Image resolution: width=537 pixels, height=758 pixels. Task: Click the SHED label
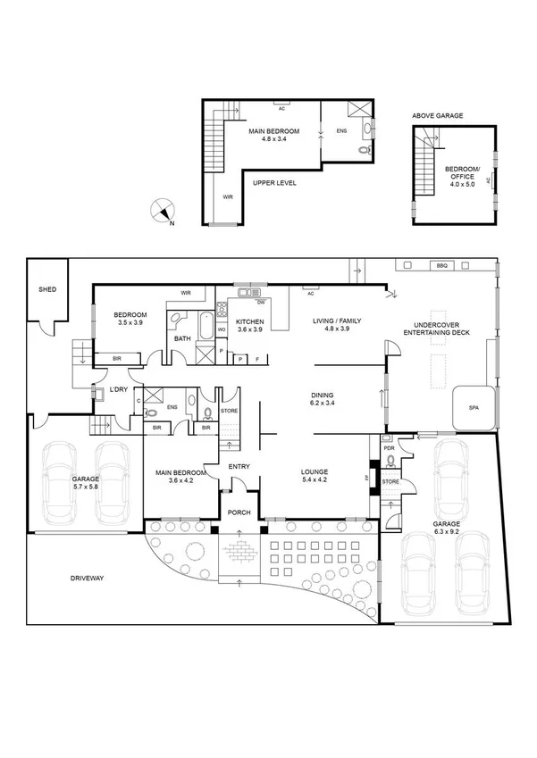[x=47, y=290]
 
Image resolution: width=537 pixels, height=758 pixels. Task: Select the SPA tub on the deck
[x=473, y=408]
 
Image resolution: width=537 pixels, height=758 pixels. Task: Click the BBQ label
[x=441, y=266]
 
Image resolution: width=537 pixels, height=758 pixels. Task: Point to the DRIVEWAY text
[x=88, y=579]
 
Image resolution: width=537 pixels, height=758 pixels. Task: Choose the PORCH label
[x=239, y=512]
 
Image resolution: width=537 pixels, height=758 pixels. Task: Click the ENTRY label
[x=239, y=466]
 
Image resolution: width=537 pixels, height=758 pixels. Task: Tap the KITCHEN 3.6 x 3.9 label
[x=250, y=325]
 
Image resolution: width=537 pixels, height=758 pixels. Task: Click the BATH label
[x=182, y=338]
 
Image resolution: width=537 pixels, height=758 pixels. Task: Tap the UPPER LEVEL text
[x=274, y=183]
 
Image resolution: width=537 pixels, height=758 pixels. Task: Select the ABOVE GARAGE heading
[x=437, y=116]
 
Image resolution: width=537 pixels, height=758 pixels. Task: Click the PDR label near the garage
[x=388, y=447]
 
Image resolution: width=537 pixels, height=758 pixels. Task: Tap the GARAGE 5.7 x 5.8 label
[x=87, y=483]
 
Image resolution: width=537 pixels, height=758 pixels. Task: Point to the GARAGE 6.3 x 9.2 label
[x=447, y=529]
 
